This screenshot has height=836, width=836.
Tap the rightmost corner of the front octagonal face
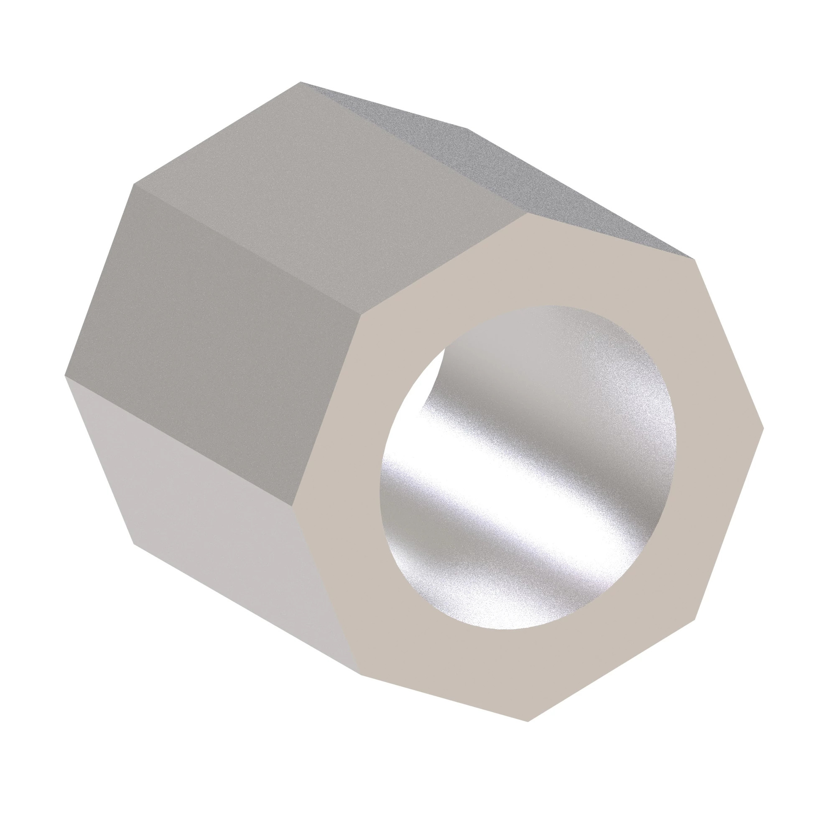[x=764, y=428]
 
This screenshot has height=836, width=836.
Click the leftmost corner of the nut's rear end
[x=65, y=376]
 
